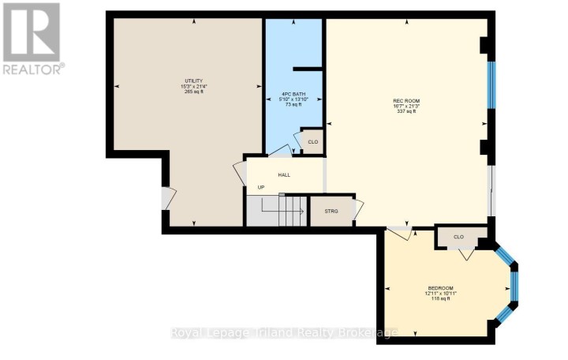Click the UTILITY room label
[x=195, y=81]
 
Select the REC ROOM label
[x=405, y=100]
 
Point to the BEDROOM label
[x=441, y=287]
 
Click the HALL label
[x=285, y=174]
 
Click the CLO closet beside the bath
[x=312, y=141]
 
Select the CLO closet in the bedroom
[x=458, y=237]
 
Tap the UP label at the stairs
[x=261, y=187]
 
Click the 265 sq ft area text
[x=195, y=92]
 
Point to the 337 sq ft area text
[x=405, y=111]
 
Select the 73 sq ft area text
[x=293, y=104]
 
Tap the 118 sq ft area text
[x=441, y=298]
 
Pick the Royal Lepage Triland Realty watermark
[x=284, y=332]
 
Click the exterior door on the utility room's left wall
[x=164, y=198]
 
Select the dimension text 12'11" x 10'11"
[x=441, y=293]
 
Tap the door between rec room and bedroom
[x=398, y=232]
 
